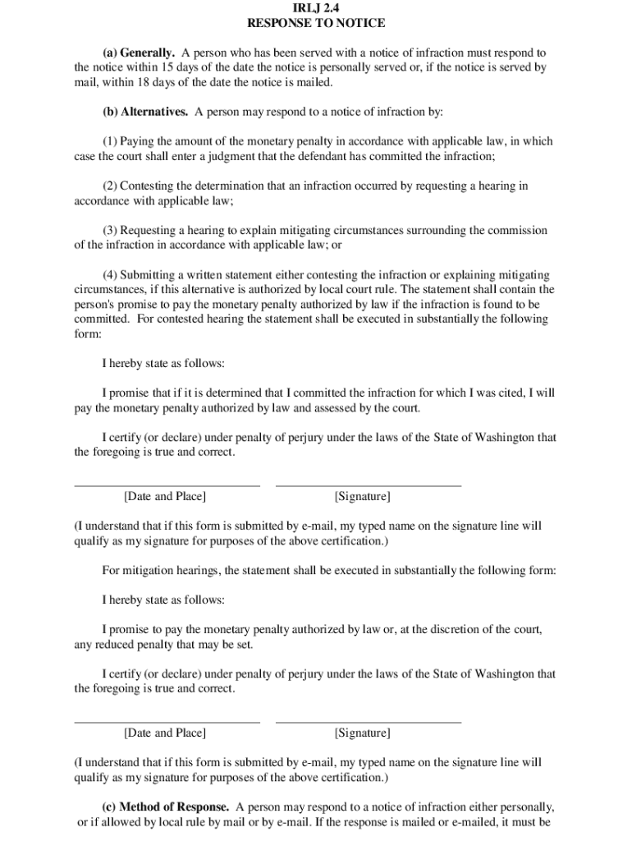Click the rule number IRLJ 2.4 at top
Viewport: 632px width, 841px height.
tap(316, 8)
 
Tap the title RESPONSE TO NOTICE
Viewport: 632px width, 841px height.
tap(316, 24)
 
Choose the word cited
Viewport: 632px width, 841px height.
tap(515, 393)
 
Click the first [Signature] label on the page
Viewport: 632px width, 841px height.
tap(362, 496)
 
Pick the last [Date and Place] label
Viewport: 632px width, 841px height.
tap(165, 733)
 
